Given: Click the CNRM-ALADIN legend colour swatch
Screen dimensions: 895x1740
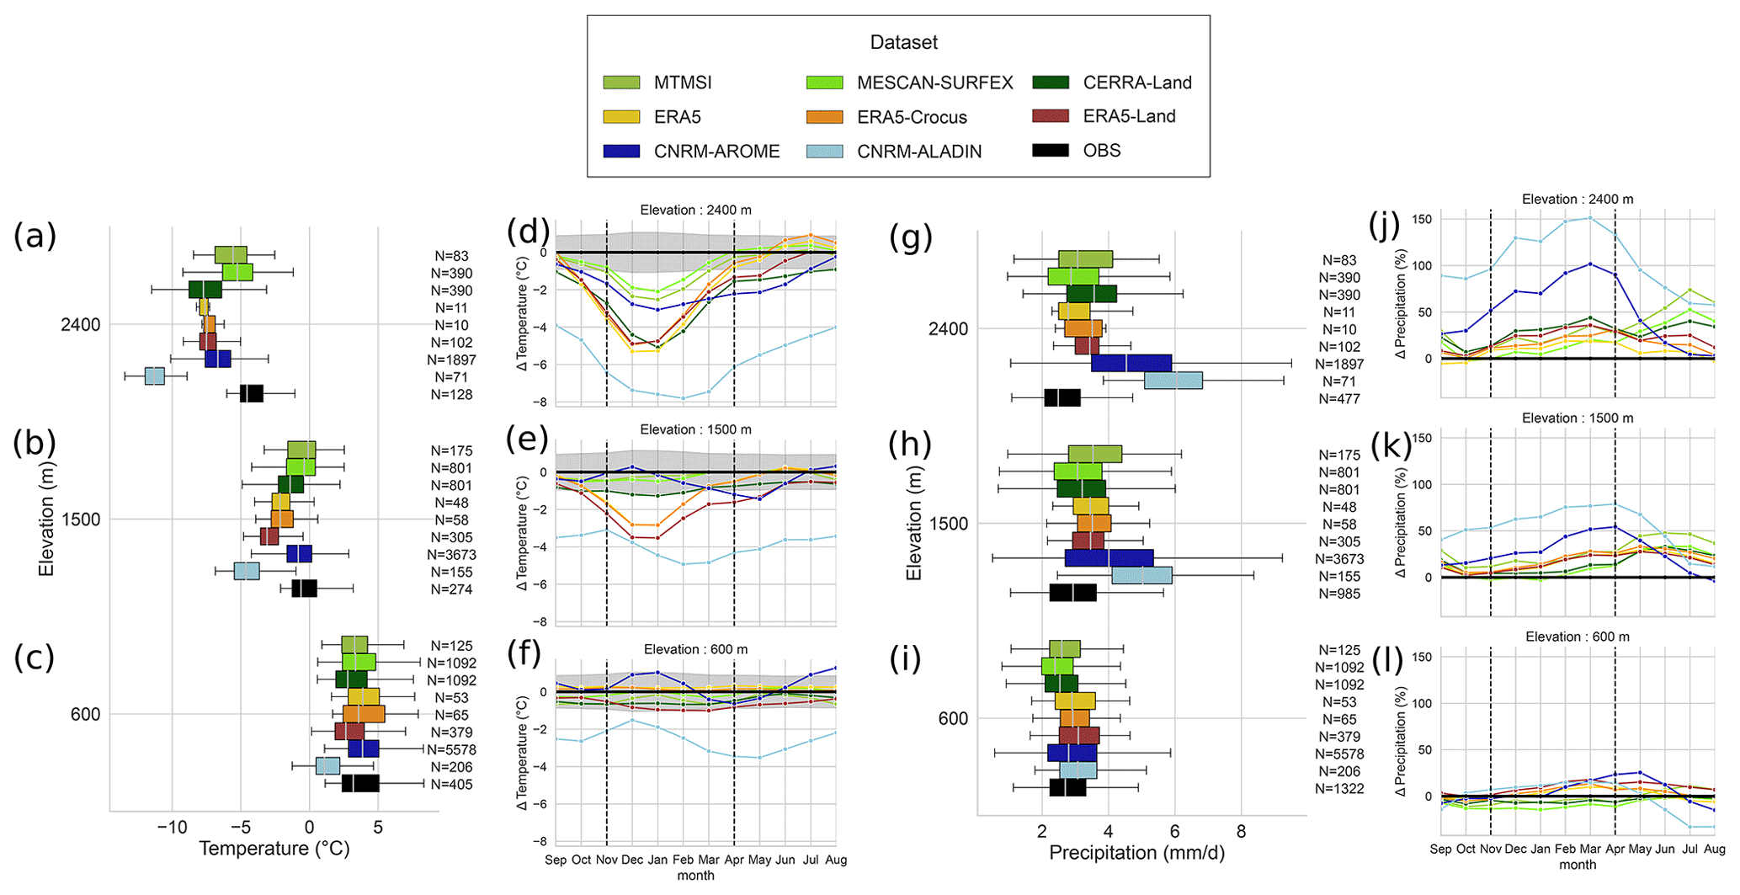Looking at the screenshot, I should tap(824, 152).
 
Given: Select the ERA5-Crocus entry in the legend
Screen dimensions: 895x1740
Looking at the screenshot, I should tap(912, 117).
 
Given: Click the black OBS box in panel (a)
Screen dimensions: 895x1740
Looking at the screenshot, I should tap(251, 393).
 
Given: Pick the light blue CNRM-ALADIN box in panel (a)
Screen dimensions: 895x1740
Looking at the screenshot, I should tap(155, 376).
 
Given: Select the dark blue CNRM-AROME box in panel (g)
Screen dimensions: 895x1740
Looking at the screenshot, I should tap(1131, 363).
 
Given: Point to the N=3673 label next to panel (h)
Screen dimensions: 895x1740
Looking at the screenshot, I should tap(1339, 559).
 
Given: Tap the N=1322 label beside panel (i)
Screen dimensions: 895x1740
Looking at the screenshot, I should tap(1339, 789).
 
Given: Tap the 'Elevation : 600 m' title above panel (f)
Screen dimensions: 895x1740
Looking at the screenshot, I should tap(695, 649).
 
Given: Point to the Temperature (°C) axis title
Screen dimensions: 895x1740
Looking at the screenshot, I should tap(274, 848).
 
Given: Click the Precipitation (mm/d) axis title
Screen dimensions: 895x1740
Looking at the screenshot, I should tap(1136, 853).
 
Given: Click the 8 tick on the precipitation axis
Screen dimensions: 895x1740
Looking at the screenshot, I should tap(1241, 832).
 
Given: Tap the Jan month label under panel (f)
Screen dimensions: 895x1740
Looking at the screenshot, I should tap(657, 860).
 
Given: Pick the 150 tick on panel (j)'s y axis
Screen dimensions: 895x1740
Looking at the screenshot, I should tap(1421, 220).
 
